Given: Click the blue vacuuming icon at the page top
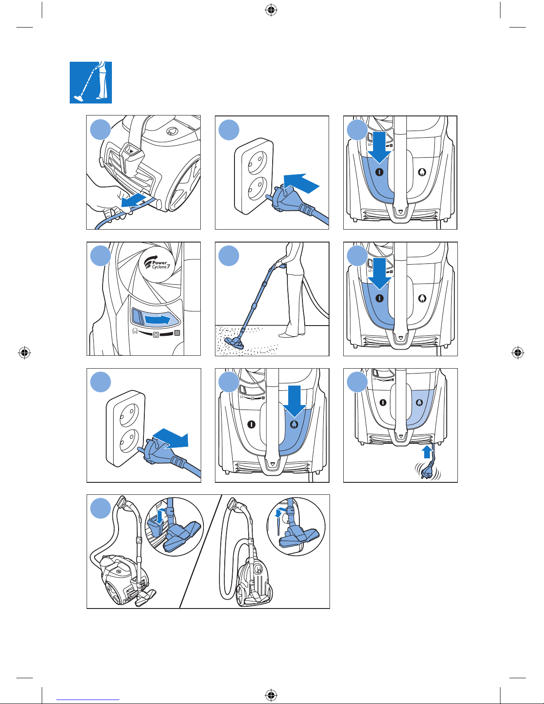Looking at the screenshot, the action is pyautogui.click(x=91, y=83).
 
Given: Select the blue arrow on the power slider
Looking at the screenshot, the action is pyautogui.click(x=158, y=319).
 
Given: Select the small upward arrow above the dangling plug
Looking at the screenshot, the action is pyautogui.click(x=427, y=452).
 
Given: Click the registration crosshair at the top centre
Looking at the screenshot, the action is pyautogui.click(x=271, y=10).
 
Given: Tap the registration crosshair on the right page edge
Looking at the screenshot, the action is pyautogui.click(x=517, y=353).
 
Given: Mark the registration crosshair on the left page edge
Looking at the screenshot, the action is pyautogui.click(x=24, y=353).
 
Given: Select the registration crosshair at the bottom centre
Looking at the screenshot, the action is pyautogui.click(x=271, y=694).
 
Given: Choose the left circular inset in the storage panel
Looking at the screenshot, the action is pyautogui.click(x=175, y=527).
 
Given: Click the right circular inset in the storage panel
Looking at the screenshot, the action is pyautogui.click(x=296, y=526).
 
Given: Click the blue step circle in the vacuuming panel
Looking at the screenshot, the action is pyautogui.click(x=229, y=256).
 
